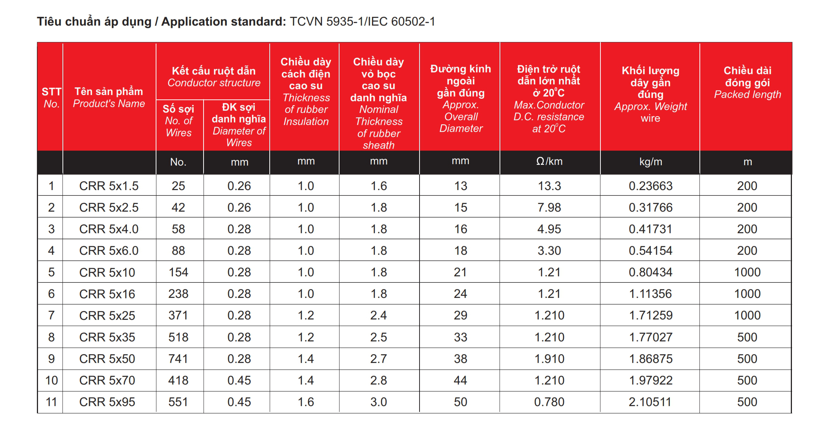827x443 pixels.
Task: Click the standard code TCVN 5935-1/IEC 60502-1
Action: pos(362,22)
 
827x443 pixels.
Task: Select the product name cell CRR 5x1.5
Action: pos(109,186)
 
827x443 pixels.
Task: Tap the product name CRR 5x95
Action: pos(107,402)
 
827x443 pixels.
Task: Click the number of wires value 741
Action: pos(178,359)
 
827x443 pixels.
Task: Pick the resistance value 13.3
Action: pos(549,186)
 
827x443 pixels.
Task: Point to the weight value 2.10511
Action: pos(650,402)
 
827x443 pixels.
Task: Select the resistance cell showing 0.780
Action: pos(549,402)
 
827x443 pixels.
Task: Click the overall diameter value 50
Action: pos(460,402)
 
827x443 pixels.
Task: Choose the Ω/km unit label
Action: pos(549,161)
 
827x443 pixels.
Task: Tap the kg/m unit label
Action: pos(650,162)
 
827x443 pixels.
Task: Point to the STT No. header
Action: pos(51,98)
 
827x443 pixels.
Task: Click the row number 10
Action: pos(52,380)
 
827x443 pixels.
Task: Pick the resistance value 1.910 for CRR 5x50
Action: pos(549,359)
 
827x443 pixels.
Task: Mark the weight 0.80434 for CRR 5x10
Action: pos(650,272)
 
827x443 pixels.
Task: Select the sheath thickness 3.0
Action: pos(379,402)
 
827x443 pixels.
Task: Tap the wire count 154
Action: pos(178,272)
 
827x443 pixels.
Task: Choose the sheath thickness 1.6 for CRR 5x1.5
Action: pos(379,186)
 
